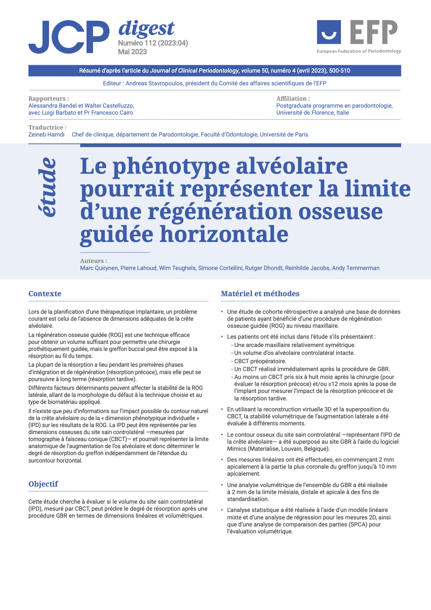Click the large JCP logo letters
click(69, 37)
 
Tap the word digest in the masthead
click(146, 28)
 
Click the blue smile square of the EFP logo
click(329, 32)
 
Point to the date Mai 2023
click(132, 52)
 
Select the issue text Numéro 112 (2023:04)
click(153, 43)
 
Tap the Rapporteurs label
click(49, 98)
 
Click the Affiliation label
click(293, 98)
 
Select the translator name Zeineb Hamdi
click(46, 134)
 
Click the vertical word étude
click(48, 187)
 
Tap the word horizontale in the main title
click(224, 234)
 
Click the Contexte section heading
click(45, 294)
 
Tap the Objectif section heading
click(43, 484)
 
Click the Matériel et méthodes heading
click(260, 294)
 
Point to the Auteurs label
click(94, 261)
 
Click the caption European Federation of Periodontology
click(359, 51)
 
